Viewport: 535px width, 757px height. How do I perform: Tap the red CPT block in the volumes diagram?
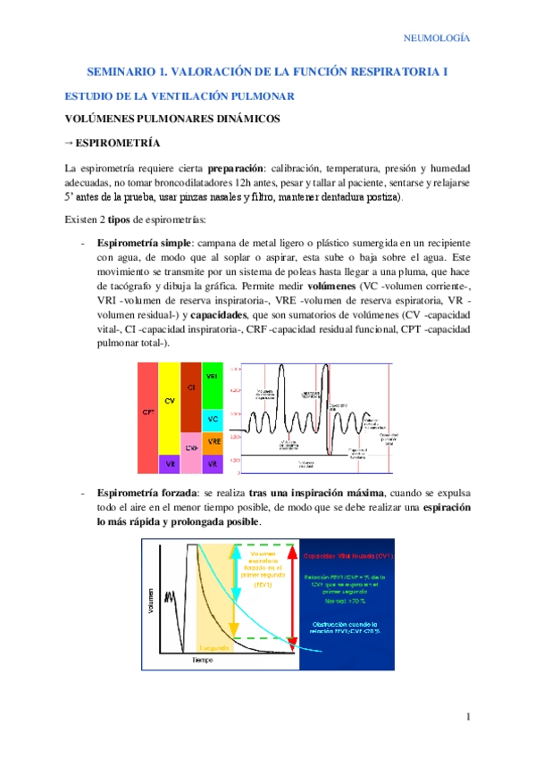point(148,412)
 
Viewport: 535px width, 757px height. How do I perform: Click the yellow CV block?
point(170,402)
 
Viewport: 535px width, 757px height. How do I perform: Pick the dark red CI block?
point(191,389)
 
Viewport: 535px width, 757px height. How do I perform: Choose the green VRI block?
point(212,378)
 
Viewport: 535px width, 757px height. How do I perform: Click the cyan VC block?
point(212,419)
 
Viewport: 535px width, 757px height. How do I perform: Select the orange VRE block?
point(212,442)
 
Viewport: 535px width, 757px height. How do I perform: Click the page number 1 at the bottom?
point(468,717)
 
